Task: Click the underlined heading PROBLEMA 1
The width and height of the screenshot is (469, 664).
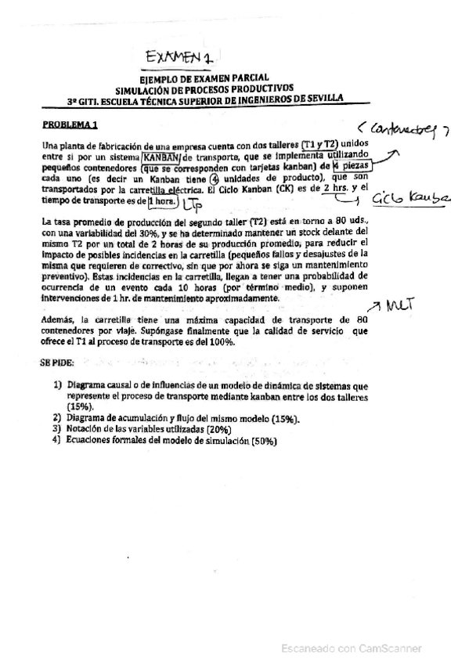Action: coord(70,124)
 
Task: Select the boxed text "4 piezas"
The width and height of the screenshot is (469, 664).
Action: coord(349,165)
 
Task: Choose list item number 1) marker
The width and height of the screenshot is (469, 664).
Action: coord(58,386)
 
